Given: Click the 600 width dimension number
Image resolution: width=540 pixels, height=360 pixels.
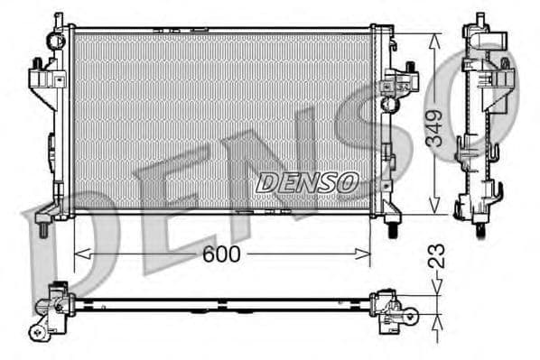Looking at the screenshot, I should (220, 254).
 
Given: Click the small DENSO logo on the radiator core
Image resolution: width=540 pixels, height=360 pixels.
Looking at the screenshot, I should (307, 182).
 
